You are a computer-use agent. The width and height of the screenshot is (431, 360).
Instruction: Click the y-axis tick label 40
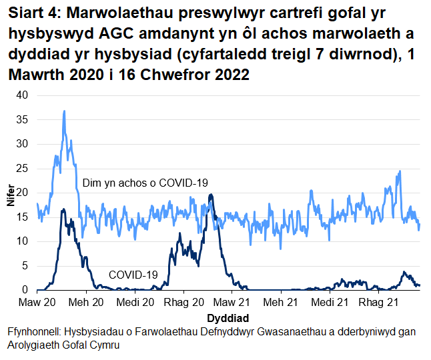[x=22, y=95]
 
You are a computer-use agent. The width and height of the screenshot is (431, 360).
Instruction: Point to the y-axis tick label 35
[x=22, y=120]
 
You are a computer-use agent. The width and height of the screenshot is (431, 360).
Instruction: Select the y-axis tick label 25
[x=22, y=169]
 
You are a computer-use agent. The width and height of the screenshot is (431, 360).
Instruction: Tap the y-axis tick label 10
[x=22, y=241]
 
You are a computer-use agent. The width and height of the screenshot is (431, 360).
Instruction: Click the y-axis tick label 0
[x=25, y=290]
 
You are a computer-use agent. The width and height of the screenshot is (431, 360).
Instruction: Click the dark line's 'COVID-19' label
[x=133, y=274]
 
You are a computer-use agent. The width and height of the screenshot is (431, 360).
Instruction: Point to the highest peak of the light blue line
[x=64, y=111]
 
